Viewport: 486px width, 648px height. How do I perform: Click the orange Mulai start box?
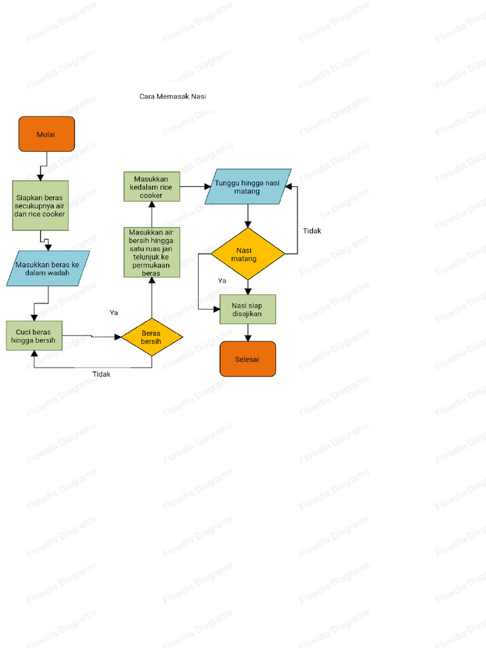point(46,134)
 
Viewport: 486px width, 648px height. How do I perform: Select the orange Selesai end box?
point(247,359)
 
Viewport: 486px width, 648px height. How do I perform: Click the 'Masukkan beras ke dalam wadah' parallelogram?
point(48,268)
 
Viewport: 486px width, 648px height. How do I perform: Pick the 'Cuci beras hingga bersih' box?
point(34,335)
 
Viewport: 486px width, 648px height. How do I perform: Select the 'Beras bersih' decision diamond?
point(152,337)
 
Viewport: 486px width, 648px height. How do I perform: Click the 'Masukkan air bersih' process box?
point(151,252)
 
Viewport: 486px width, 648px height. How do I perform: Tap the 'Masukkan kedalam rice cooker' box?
point(151,187)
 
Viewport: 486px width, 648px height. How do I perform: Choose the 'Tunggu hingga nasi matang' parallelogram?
point(248,187)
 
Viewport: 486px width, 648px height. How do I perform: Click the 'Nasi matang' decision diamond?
point(247,254)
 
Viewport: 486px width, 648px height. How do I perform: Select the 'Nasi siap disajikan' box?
point(247,309)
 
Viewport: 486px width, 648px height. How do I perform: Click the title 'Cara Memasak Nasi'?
point(173,97)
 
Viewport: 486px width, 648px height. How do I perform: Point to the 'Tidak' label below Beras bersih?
point(101,374)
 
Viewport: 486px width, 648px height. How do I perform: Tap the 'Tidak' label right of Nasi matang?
point(312,231)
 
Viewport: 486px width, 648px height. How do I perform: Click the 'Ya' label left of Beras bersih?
point(113,313)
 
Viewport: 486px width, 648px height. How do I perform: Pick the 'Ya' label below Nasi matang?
point(222,280)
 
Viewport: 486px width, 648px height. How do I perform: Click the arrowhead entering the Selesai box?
point(247,338)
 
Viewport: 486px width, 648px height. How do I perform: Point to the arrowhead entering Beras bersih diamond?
point(118,337)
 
